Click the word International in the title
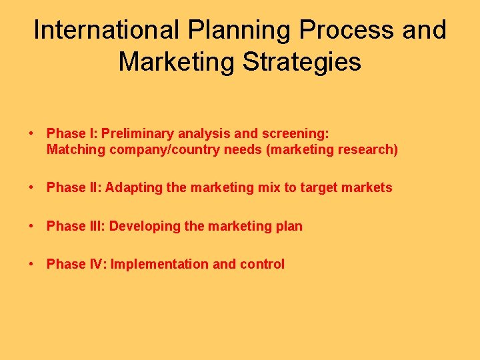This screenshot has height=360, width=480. click(x=105, y=30)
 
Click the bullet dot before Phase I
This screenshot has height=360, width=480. click(x=32, y=133)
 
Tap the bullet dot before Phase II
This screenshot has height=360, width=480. click(x=32, y=188)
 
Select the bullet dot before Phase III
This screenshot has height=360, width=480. click(x=32, y=227)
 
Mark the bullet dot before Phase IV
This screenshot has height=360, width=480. click(x=32, y=265)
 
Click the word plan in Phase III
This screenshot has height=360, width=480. click(x=289, y=227)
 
